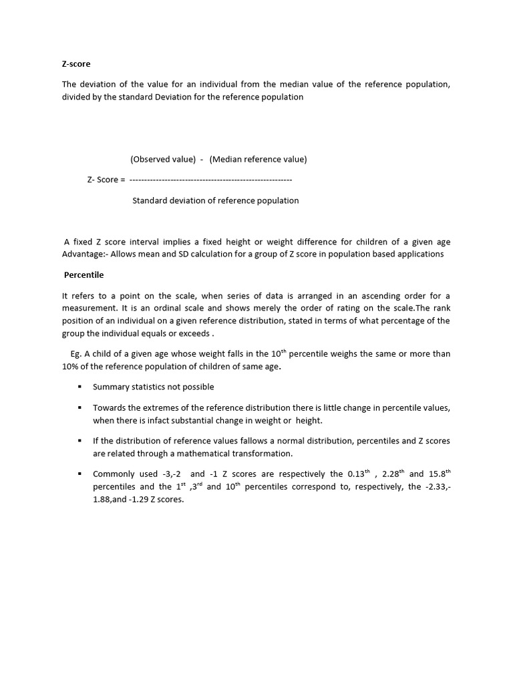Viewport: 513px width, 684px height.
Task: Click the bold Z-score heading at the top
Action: pos(76,64)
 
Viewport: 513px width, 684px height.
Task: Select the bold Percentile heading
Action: pos(83,275)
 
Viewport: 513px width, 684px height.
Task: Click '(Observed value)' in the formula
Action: pos(162,159)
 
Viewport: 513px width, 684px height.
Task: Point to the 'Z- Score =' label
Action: pos(106,180)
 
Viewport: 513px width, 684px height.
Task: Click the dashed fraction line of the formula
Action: pos(210,180)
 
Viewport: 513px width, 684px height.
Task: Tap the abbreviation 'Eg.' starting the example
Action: pos(75,354)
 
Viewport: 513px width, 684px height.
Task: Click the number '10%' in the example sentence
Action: pos(71,367)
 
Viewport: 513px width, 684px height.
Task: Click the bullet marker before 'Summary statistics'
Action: pos(79,387)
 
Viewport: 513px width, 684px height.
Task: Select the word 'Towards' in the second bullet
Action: pos(109,407)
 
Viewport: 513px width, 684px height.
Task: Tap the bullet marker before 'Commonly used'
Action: pos(79,474)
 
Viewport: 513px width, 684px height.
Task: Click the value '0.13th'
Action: pos(359,474)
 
